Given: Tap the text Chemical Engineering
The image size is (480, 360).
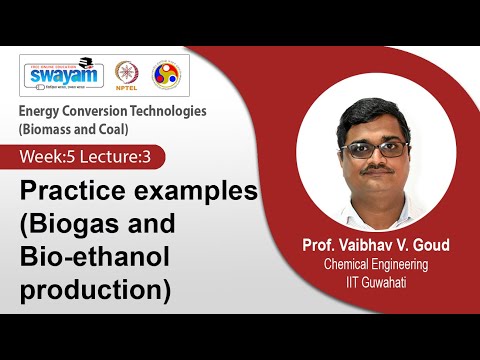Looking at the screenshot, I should point(376,264).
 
